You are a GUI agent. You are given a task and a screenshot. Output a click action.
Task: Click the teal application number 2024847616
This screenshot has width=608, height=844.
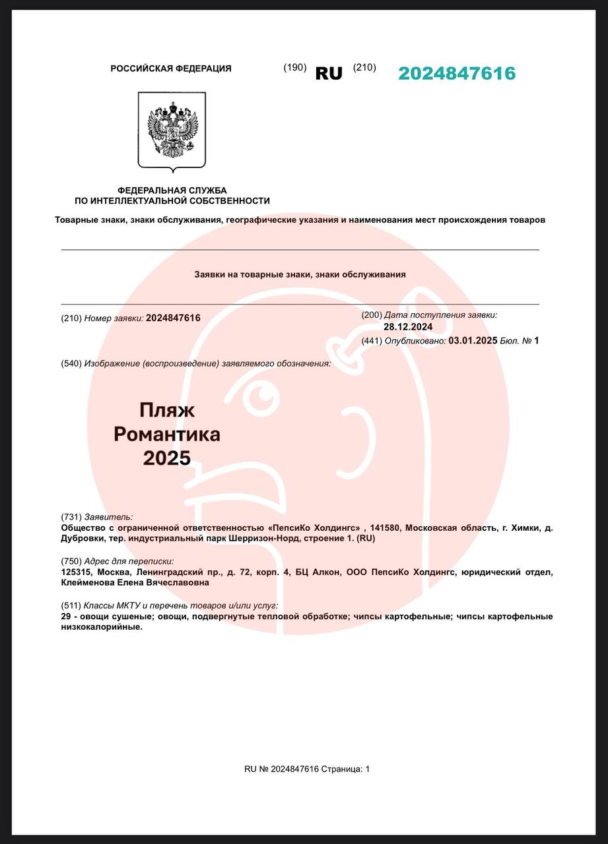point(457,73)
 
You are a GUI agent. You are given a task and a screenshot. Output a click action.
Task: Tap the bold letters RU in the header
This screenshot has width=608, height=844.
point(329,73)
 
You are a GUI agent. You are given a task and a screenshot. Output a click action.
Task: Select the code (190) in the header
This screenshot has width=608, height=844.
point(295,67)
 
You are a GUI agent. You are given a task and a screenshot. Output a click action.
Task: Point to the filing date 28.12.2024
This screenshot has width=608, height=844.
point(408,326)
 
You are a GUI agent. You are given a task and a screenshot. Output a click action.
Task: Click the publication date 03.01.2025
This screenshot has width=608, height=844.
point(472,341)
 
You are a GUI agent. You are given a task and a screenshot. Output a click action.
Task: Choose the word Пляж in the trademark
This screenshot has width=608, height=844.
point(167,410)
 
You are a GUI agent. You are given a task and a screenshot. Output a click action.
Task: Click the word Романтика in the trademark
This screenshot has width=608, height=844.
point(167,434)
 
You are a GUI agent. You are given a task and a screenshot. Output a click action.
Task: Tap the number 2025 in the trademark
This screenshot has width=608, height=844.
point(167,458)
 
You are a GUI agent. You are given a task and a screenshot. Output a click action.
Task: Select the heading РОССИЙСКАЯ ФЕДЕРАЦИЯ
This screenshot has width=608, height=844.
point(171,69)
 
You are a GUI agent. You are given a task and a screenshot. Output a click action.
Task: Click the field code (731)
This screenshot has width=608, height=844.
point(71,517)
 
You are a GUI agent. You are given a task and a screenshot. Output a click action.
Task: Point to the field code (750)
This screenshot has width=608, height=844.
point(71,561)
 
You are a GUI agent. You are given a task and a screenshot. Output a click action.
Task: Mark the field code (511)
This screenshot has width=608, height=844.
point(71,605)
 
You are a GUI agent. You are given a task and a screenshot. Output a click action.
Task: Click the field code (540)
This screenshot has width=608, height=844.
point(71,363)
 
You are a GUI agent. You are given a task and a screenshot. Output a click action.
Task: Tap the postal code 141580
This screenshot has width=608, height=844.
point(384,528)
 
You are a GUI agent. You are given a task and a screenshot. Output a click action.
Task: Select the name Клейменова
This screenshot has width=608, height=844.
point(88,583)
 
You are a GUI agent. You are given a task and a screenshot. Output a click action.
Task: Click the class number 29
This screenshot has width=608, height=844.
point(66,617)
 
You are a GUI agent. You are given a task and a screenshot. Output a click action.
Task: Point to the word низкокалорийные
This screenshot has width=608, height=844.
point(101,627)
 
